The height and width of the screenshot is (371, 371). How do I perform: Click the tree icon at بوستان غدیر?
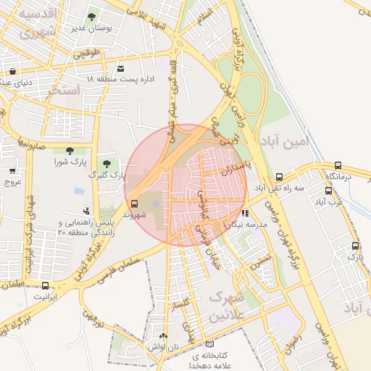coord(91,17)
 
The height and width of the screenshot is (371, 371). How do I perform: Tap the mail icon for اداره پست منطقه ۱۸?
coord(110,67)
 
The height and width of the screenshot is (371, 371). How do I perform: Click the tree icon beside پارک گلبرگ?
coord(107,164)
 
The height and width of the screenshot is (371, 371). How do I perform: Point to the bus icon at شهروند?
coord(133,204)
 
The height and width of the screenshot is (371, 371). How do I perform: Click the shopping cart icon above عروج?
coord(12,171)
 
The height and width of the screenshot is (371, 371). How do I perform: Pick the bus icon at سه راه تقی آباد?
coord(280,177)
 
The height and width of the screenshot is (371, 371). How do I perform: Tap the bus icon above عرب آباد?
coord(329,191)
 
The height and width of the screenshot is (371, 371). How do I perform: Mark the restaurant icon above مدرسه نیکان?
coord(246,214)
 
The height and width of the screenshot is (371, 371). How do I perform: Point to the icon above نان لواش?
coord(162,336)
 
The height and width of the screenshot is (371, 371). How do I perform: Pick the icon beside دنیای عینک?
coord(13,71)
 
